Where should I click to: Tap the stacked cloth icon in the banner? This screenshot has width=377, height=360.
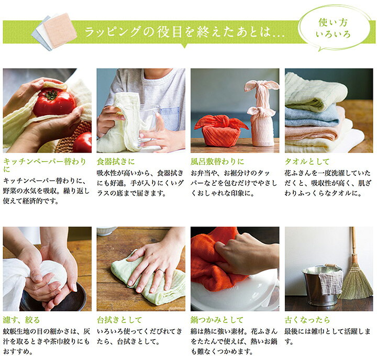(54, 31)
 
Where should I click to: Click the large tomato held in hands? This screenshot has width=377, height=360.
(53, 102)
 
